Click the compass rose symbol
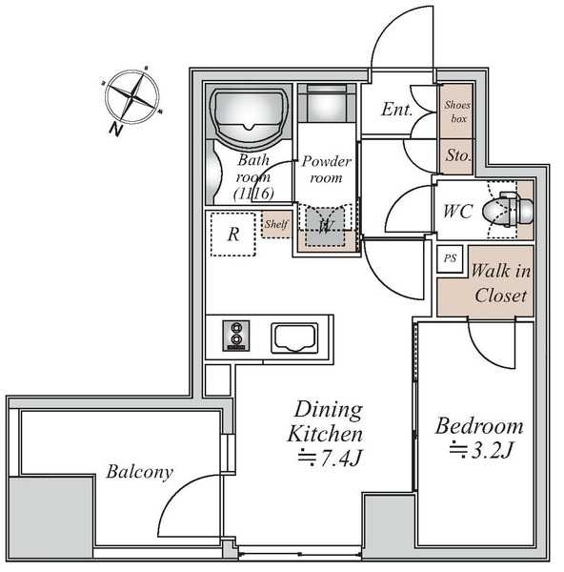132,96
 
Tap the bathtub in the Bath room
250,115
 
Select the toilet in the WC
508,210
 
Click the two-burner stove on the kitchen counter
236,336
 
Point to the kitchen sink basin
294,338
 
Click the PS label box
450,258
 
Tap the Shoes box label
457,112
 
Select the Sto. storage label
458,155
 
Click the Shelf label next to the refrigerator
276,224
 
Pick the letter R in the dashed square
233,235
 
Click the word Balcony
140,472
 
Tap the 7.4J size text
330,459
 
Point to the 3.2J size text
481,450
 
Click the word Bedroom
479,426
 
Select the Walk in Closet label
500,283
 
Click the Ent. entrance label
396,109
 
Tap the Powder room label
326,170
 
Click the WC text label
458,212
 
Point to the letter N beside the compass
115,129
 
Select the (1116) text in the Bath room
253,194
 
